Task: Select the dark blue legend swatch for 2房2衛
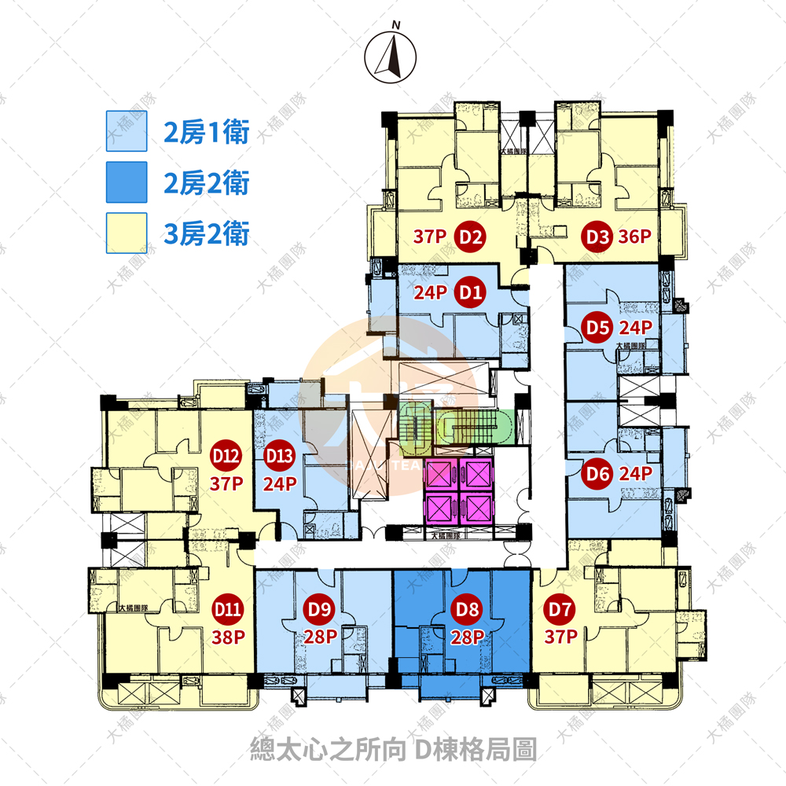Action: [127, 182]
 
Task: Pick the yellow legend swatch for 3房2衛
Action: [127, 233]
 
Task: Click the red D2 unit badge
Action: [471, 236]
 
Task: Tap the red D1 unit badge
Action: [471, 293]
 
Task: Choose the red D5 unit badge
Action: [597, 327]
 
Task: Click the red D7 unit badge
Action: [560, 608]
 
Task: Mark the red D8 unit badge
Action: [468, 608]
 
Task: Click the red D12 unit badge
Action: [226, 455]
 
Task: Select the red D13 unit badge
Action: [279, 455]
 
